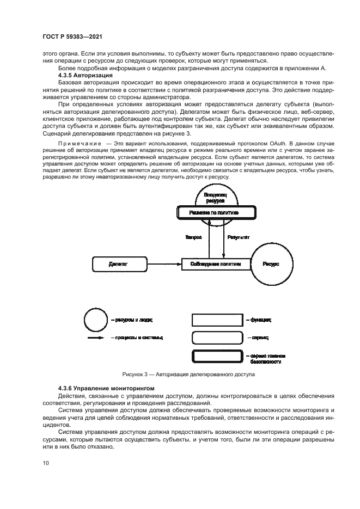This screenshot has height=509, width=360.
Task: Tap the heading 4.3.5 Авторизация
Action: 91,75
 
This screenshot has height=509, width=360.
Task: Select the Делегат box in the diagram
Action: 119,263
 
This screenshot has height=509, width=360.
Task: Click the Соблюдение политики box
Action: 215,263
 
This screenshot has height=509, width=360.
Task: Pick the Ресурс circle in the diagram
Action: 271,263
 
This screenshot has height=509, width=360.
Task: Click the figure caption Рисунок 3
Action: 188,375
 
